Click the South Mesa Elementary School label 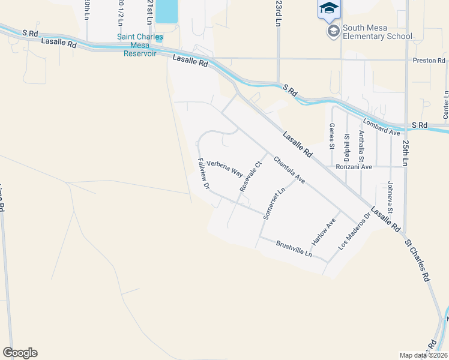click(377, 32)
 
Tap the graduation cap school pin click(328, 8)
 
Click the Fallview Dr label click(203, 173)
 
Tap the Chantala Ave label click(289, 170)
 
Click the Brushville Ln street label click(294, 248)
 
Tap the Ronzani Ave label click(372, 167)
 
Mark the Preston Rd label click(429, 61)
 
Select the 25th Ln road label click(406, 154)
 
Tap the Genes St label click(331, 135)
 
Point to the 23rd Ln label click(278, 13)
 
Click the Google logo click(20, 353)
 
